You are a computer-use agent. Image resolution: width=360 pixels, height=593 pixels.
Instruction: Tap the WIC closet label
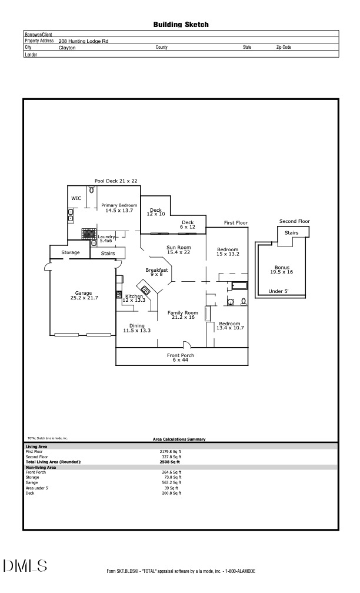(76, 198)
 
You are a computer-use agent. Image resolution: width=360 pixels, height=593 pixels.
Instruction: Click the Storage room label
(70, 253)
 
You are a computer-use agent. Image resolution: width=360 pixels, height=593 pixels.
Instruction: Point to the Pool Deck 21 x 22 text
(116, 181)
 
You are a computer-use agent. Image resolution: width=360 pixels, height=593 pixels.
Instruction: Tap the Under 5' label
(278, 291)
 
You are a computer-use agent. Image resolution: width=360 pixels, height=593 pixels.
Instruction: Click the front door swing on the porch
(186, 345)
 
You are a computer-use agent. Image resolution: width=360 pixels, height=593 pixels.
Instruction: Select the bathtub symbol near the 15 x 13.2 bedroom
(240, 287)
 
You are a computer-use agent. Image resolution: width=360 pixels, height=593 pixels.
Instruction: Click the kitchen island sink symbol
(145, 289)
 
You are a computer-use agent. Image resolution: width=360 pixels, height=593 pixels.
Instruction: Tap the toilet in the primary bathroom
(91, 190)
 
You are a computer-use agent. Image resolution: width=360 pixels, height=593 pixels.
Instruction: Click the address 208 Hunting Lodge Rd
(84, 41)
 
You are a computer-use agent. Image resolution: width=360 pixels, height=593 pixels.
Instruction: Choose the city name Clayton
(67, 47)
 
